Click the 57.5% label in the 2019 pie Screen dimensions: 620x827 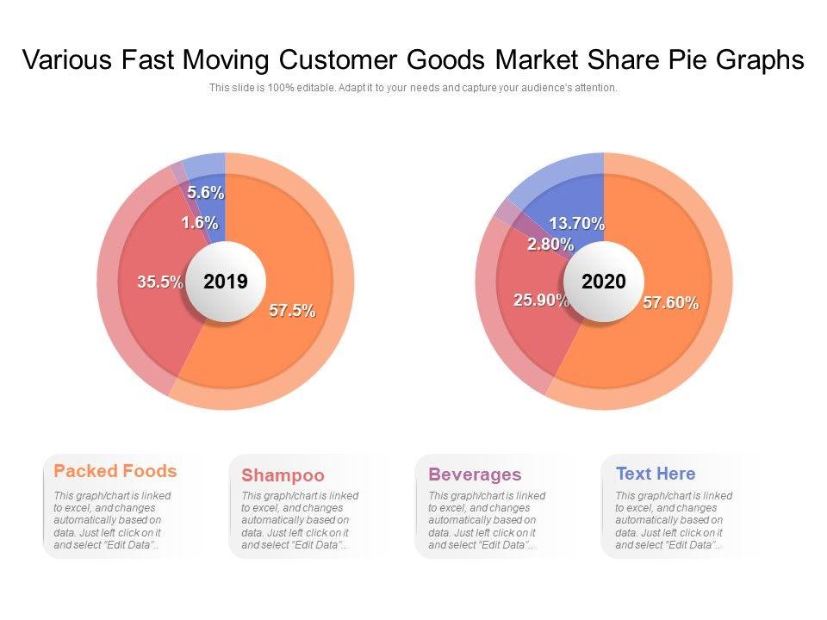pyautogui.click(x=292, y=311)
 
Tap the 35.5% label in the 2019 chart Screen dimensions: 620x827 pyautogui.click(x=160, y=282)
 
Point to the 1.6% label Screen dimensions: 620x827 pyautogui.click(x=199, y=223)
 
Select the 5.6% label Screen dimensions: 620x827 pyautogui.click(x=206, y=192)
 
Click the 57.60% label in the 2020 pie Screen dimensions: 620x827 pyautogui.click(x=670, y=303)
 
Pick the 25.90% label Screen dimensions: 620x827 pyautogui.click(x=541, y=300)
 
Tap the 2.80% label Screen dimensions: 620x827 pyautogui.click(x=550, y=244)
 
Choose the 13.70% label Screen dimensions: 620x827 pyautogui.click(x=576, y=224)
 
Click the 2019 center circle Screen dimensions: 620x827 pyautogui.click(x=226, y=282)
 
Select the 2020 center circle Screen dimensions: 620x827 pyautogui.click(x=604, y=282)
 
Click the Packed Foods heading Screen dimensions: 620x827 pyautogui.click(x=115, y=471)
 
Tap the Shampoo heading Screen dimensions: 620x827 pyautogui.click(x=283, y=475)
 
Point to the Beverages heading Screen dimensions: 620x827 pyautogui.click(x=475, y=474)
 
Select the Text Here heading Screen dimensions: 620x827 pyautogui.click(x=656, y=474)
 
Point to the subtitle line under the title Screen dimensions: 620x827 pyautogui.click(x=413, y=88)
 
